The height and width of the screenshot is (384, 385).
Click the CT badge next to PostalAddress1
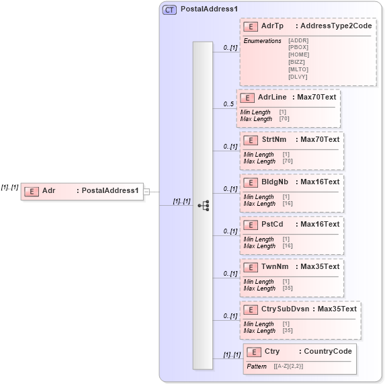click(170, 10)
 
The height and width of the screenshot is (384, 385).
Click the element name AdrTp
click(272, 26)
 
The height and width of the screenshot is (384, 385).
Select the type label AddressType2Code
click(335, 26)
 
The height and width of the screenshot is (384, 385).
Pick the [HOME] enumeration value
click(298, 54)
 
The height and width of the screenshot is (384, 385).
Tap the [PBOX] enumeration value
click(298, 47)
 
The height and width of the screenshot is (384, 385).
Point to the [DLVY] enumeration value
click(298, 77)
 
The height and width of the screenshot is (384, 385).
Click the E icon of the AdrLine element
click(247, 98)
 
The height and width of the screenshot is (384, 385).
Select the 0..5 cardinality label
click(229, 104)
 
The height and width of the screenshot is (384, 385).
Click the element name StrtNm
click(273, 140)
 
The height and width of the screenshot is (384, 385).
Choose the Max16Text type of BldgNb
click(320, 182)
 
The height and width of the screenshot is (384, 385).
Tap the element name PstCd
click(272, 224)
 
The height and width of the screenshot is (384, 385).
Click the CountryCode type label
click(328, 351)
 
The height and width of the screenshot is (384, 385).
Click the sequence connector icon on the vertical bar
click(204, 205)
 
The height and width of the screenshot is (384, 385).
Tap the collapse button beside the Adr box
click(146, 191)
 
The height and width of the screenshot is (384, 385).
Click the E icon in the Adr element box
click(31, 191)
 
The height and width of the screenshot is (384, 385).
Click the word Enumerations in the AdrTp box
click(262, 41)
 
